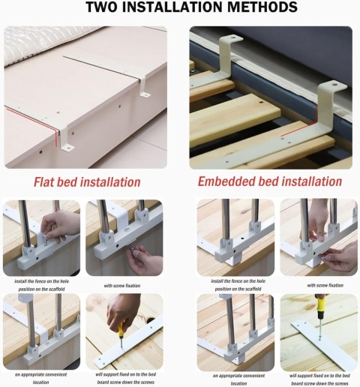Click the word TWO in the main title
(101, 7)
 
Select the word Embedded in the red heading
(226, 181)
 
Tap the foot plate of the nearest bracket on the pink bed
(67, 148)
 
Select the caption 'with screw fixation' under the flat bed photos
(122, 286)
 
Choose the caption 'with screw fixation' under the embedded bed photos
(325, 285)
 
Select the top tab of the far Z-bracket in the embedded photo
(232, 38)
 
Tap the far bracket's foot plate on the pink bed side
(145, 95)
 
